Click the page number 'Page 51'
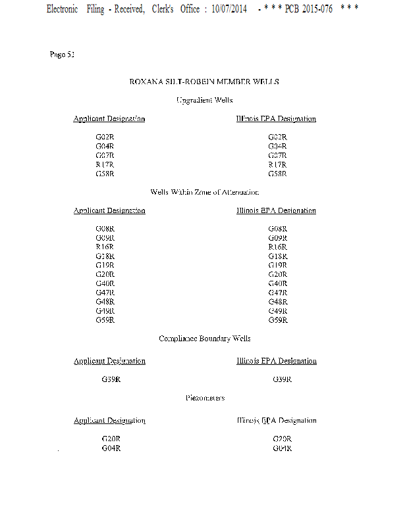tap(62, 54)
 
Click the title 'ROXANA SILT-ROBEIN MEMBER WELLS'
tap(204, 82)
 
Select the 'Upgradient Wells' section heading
tap(204, 100)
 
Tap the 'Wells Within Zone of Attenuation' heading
tap(204, 192)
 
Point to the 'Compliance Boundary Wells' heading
tap(204, 339)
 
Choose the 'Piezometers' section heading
tap(204, 398)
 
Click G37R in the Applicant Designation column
tap(105, 156)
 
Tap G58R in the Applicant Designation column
tap(105, 174)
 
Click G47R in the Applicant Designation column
tap(105, 293)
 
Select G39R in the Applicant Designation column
tap(111, 379)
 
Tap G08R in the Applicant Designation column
tap(105, 229)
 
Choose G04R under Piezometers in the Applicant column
tap(111, 448)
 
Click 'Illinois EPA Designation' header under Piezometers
tap(276, 420)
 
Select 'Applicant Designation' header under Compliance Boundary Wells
tap(109, 361)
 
